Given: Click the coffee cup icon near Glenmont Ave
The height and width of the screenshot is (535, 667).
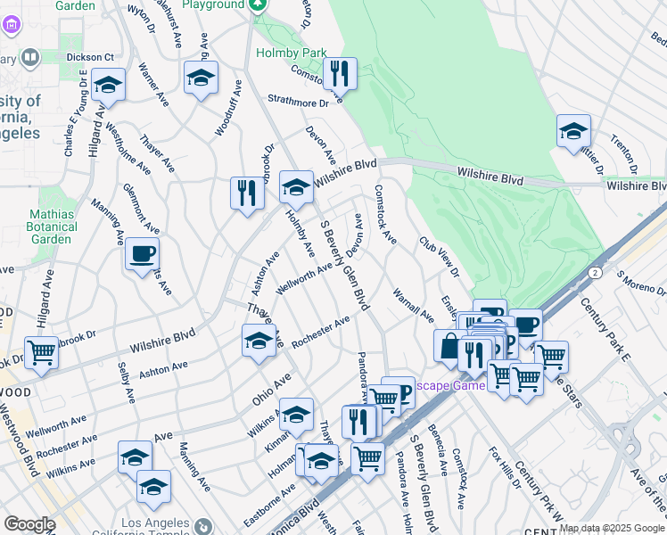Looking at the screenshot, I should click(142, 254).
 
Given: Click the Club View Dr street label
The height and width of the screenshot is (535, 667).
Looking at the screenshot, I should click(439, 256).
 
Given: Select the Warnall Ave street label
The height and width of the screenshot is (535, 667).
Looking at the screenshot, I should click(413, 304).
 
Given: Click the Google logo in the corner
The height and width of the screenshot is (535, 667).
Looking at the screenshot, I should click(29, 524).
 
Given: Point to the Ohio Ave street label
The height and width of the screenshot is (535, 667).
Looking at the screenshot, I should click(271, 391).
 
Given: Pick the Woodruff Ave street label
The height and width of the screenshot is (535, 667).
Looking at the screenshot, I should click(228, 110).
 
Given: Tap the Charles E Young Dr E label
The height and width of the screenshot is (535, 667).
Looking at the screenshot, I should click(75, 115).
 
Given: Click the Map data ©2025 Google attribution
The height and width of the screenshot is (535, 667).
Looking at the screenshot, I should click(612, 528).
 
